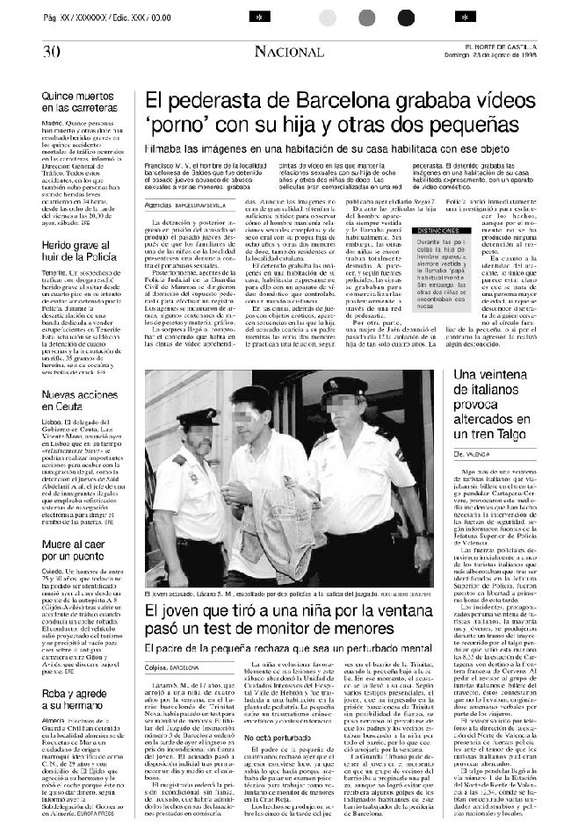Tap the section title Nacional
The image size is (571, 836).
pos(289,53)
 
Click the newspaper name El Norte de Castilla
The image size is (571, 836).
pos(524,47)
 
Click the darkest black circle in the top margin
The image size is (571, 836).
pos(404,17)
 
